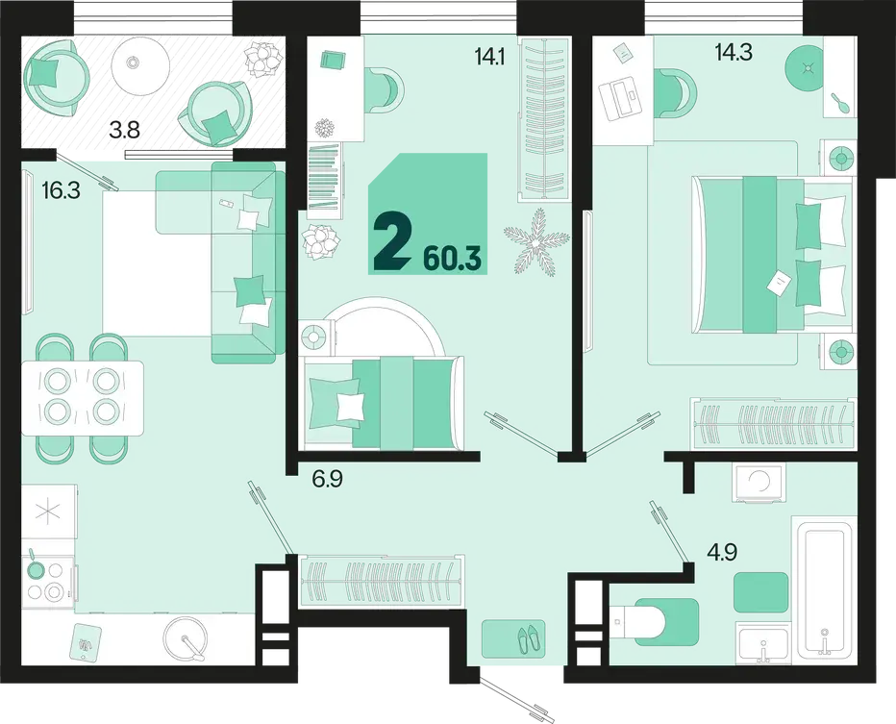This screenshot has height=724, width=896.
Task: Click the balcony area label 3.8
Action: (x=125, y=131)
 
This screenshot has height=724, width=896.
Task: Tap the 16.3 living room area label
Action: (x=62, y=190)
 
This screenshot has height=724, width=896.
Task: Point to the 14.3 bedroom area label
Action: (x=734, y=52)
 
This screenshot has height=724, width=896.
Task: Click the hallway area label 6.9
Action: (x=328, y=479)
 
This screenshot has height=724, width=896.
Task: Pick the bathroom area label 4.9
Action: (x=722, y=552)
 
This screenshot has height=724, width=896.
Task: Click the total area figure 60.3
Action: (x=453, y=260)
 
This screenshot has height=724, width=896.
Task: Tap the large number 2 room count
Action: (x=392, y=246)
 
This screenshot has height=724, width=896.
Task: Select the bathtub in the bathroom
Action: (x=824, y=590)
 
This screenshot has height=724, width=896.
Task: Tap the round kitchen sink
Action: (x=186, y=638)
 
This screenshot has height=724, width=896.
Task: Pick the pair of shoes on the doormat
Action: (x=531, y=637)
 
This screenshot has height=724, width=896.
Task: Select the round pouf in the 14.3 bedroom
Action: (x=807, y=68)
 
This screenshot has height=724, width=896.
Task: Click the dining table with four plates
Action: (x=83, y=398)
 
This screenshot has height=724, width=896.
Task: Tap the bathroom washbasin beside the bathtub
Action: (x=762, y=643)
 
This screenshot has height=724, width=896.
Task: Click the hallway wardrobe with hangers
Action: (x=381, y=581)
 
